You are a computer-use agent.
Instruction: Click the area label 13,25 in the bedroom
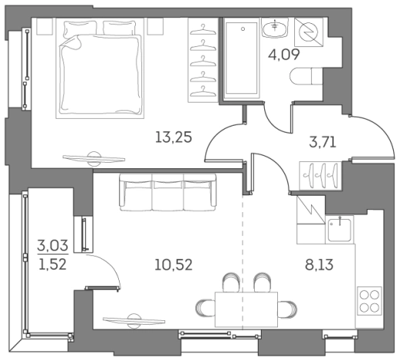(x=174, y=137)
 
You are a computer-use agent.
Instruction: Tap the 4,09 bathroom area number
(x=284, y=54)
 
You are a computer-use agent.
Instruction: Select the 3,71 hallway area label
(x=323, y=142)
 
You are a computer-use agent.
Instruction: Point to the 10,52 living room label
(x=174, y=265)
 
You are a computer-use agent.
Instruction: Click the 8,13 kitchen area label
(x=319, y=265)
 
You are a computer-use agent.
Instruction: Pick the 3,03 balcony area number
(x=53, y=245)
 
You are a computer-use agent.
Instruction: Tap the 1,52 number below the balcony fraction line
(x=53, y=264)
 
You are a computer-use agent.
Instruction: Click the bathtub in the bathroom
(x=241, y=59)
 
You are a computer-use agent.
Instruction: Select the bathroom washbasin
(x=275, y=28)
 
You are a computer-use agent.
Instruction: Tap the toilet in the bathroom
(x=307, y=76)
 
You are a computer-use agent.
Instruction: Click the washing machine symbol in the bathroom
(x=309, y=32)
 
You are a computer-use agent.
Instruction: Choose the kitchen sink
(x=340, y=229)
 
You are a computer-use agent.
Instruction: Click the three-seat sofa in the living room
(x=168, y=192)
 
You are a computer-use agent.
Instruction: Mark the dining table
(x=246, y=309)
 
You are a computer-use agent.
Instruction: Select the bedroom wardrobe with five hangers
(x=203, y=60)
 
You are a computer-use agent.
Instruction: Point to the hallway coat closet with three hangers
(x=320, y=176)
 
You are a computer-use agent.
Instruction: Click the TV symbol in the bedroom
(x=94, y=158)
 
